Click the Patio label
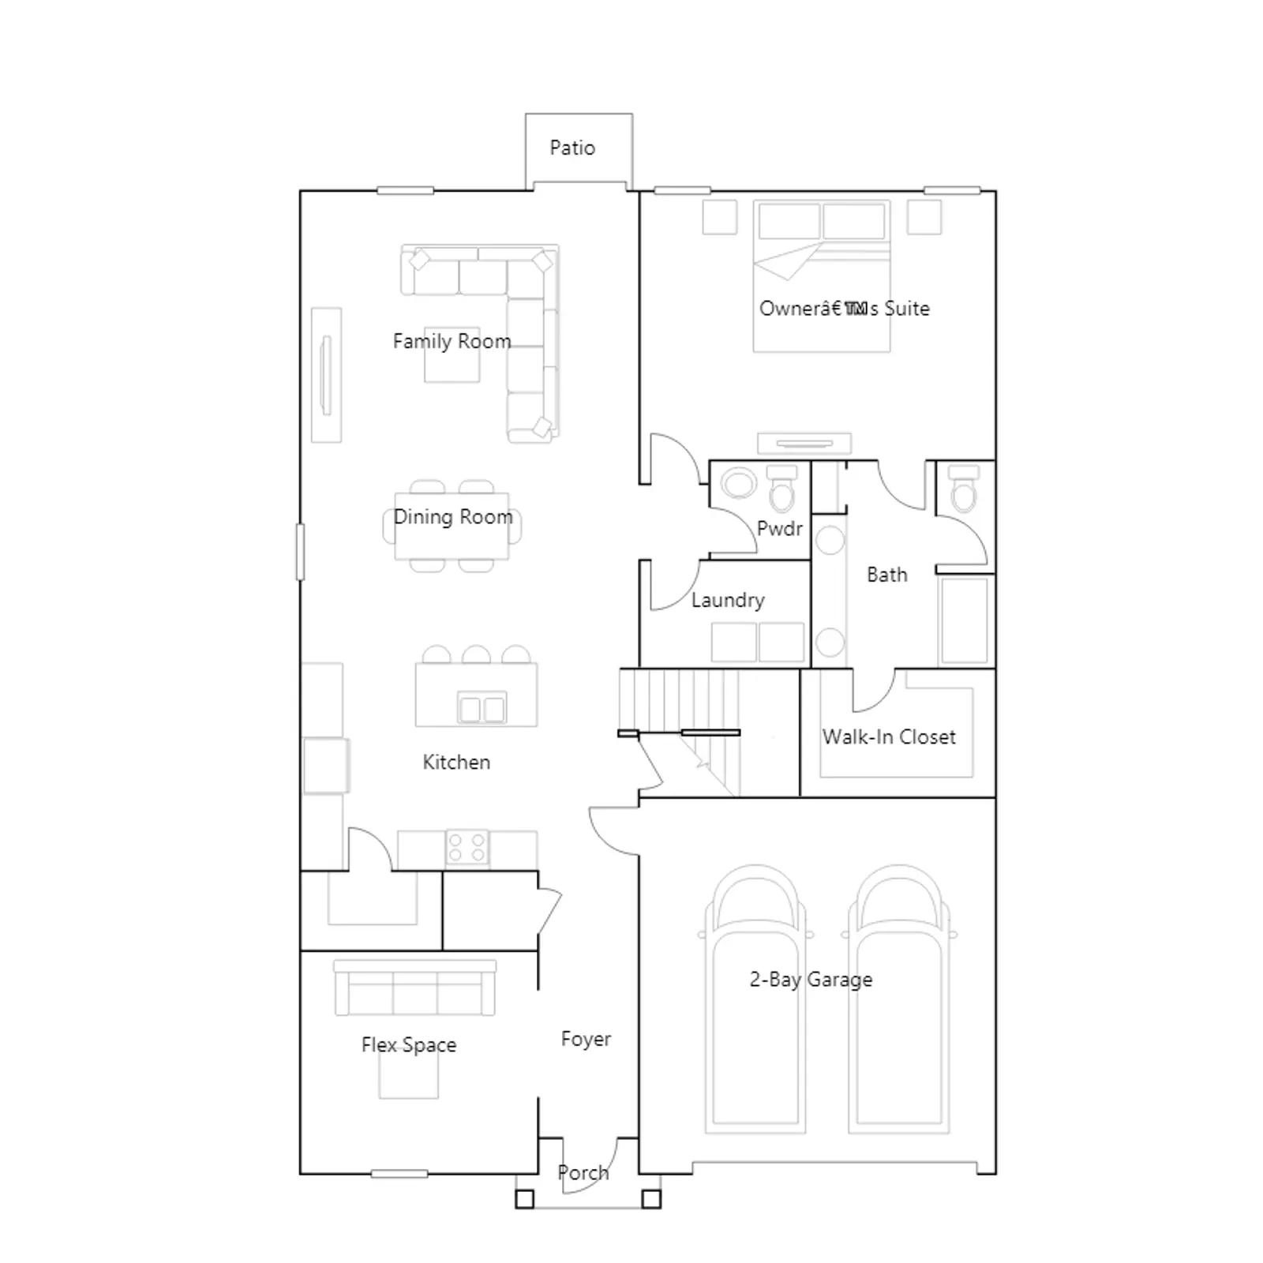pos(572,148)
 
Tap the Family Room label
pos(452,341)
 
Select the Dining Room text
pos(453,516)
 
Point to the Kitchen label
pos(456,762)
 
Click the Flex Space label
pos(409,1044)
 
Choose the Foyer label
pos(586,1039)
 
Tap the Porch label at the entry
pos(583,1173)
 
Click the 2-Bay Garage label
pos(811,980)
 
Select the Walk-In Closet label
pos(889,736)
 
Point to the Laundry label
pos(728,600)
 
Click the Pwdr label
pos(779,528)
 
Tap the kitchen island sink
pos(482,708)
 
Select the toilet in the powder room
pos(782,489)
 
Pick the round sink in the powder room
pos(738,483)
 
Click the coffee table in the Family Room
pos(452,355)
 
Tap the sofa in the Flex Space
pos(414,988)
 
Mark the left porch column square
pos(524,1199)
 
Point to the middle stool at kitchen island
pos(476,654)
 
